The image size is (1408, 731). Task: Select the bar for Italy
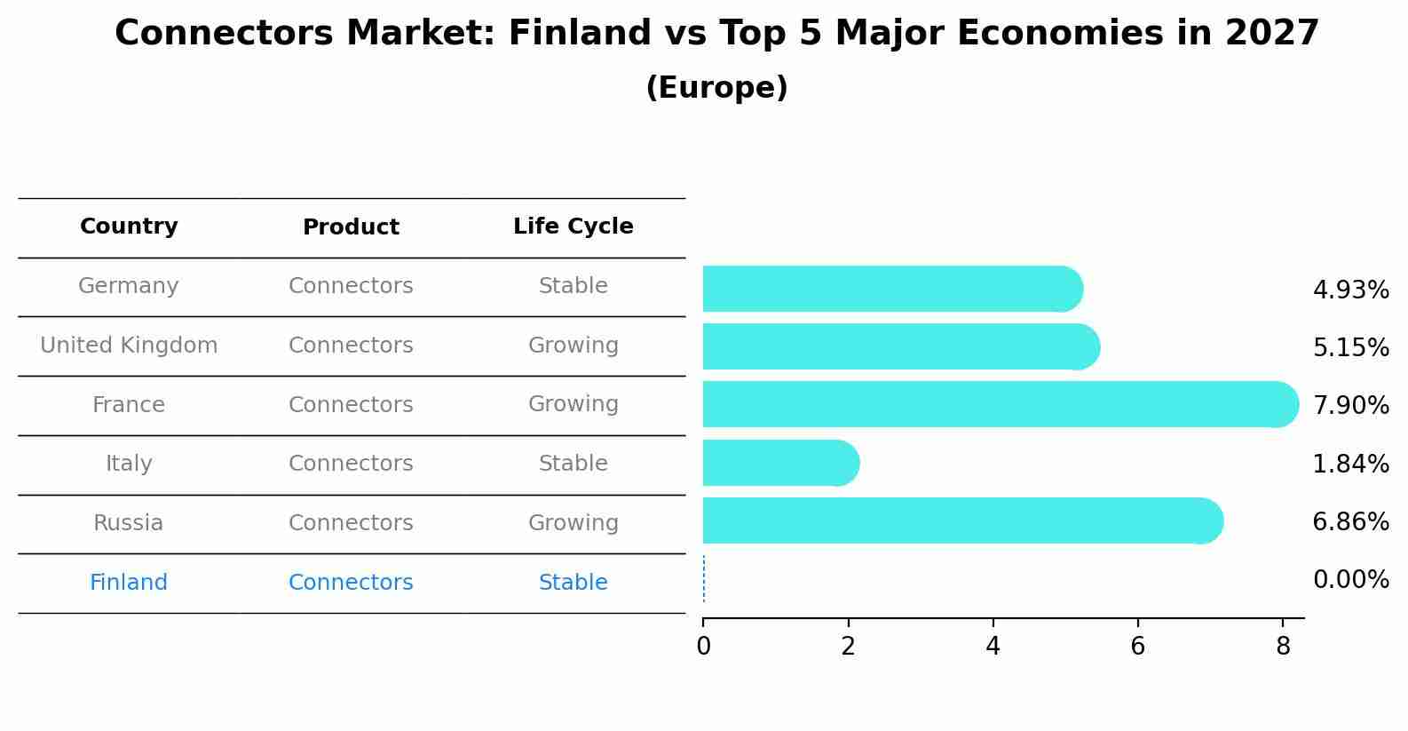pos(780,463)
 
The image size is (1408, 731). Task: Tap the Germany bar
pos(892,289)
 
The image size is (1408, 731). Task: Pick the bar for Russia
pos(962,520)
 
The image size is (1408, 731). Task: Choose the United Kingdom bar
pos(900,346)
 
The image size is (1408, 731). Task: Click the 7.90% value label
pos(1350,406)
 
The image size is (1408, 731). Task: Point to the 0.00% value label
pos(1350,580)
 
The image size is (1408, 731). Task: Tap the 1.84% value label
pos(1350,464)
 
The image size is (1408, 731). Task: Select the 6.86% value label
pos(1350,521)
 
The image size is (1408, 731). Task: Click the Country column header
pos(129,226)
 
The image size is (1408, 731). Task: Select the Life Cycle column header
pos(573,226)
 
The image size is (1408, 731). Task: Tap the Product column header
pos(351,227)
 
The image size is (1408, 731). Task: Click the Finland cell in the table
pos(129,583)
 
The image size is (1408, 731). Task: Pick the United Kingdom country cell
pos(129,346)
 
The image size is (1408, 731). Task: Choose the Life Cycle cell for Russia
pos(573,523)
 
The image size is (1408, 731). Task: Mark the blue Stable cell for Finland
pos(573,583)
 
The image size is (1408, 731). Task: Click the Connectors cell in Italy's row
pos(351,464)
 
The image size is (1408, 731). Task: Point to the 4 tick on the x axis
pos(993,647)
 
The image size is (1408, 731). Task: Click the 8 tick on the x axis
pos(1282,647)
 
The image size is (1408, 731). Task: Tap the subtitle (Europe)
pos(716,88)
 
